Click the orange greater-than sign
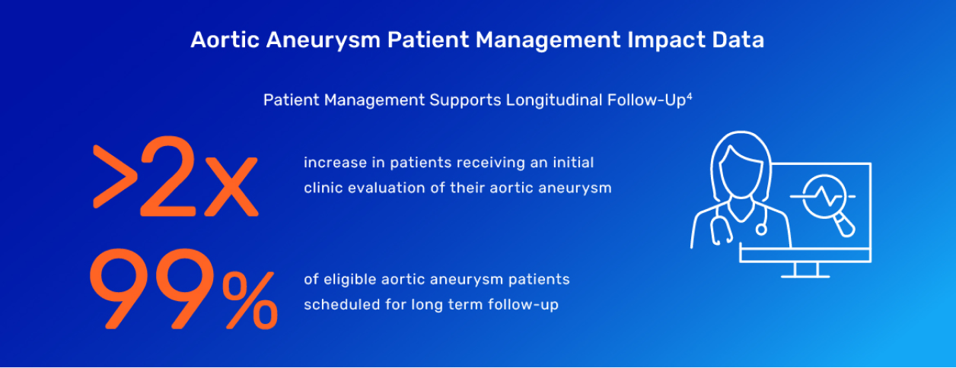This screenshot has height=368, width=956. pyautogui.click(x=115, y=177)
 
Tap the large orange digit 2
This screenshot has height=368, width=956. pyautogui.click(x=167, y=176)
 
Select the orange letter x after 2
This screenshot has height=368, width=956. pyautogui.click(x=231, y=187)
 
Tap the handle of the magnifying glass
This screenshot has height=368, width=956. pyautogui.click(x=845, y=225)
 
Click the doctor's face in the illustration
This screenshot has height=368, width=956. pyautogui.click(x=742, y=174)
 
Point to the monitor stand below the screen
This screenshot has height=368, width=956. pyautogui.click(x=805, y=269)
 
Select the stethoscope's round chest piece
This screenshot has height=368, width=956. pyautogui.click(x=761, y=230)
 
